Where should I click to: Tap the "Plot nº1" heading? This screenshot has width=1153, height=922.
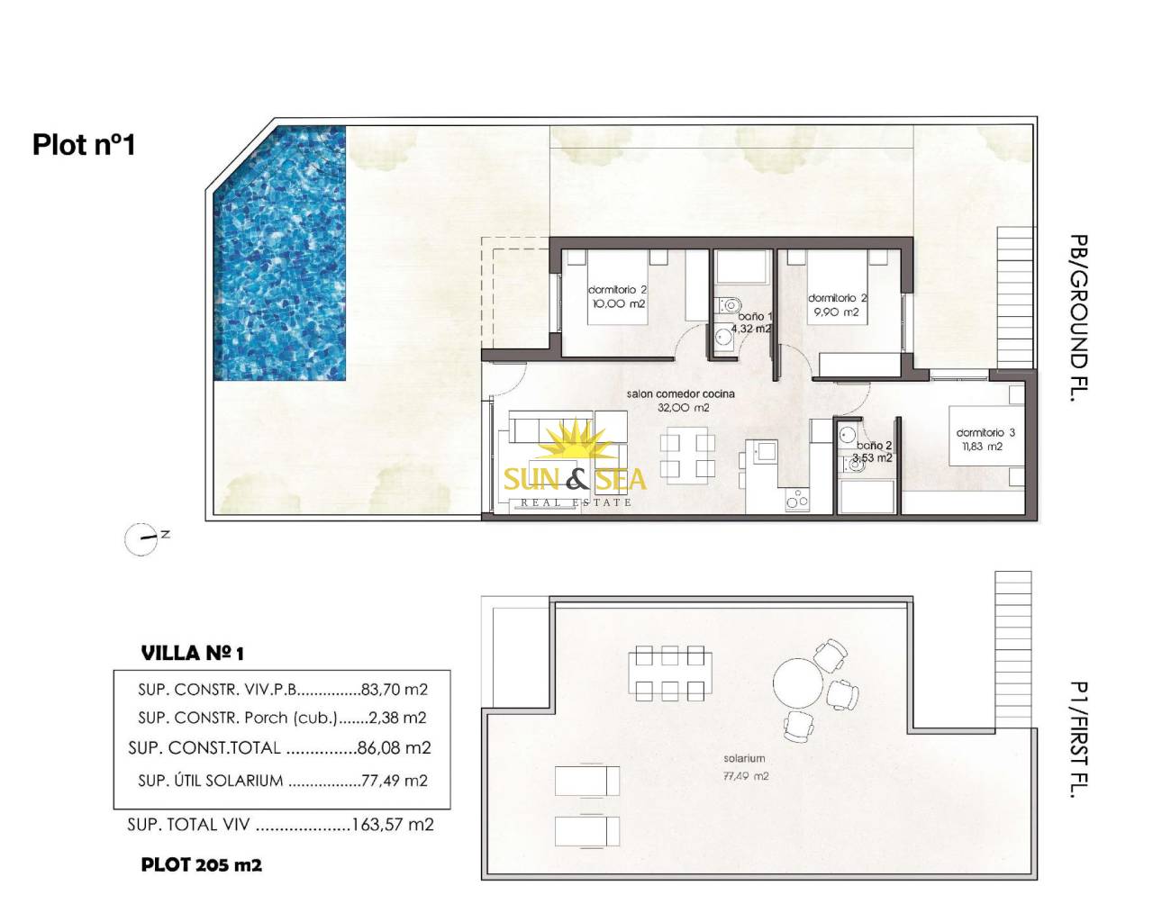pos(84,145)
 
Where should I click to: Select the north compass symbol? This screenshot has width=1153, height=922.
pos(145,538)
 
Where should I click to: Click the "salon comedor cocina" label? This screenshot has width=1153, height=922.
pos(680,393)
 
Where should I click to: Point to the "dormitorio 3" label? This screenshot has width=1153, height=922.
pos(985,432)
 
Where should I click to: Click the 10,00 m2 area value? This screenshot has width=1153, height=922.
pos(618,303)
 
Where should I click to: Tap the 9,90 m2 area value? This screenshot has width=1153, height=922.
pos(836,312)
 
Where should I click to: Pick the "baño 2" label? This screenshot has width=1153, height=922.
pos(874,445)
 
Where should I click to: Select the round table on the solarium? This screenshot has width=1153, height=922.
pos(798,683)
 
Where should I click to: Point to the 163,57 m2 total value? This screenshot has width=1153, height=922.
pos(392,825)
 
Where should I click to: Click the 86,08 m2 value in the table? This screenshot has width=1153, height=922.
pos(394,748)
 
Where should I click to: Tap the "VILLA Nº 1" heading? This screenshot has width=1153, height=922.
pos(193,654)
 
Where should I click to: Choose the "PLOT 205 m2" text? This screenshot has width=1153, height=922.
pos(202,864)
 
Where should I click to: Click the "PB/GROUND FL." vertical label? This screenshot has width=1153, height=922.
pos(1078,318)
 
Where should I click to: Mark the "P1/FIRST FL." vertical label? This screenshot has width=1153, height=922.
pos(1078,739)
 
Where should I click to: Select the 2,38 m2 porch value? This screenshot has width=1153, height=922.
pos(397,718)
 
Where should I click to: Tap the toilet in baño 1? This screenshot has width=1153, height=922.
pos(728,305)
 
